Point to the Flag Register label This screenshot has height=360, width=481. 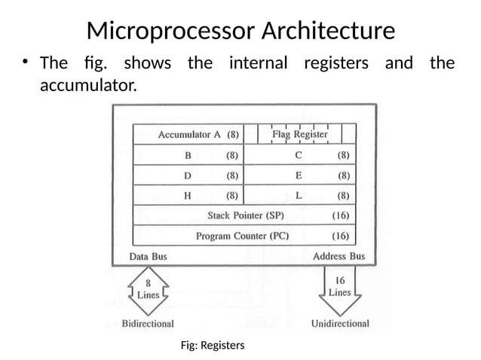300,134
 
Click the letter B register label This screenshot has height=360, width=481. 188,156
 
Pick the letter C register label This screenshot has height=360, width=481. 299,156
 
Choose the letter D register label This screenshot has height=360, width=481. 188,175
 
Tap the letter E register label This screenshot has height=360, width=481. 299,175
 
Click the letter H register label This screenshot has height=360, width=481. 188,196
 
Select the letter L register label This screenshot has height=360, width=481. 299,196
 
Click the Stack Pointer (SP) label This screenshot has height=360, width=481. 246,215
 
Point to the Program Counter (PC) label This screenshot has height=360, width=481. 242,236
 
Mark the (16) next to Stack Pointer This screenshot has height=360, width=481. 341,215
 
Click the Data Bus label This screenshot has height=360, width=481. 149,257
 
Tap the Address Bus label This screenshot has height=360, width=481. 339,257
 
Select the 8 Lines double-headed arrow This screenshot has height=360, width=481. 148,290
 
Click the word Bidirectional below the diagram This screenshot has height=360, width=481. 148,324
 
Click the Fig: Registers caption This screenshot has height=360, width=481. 213,345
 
